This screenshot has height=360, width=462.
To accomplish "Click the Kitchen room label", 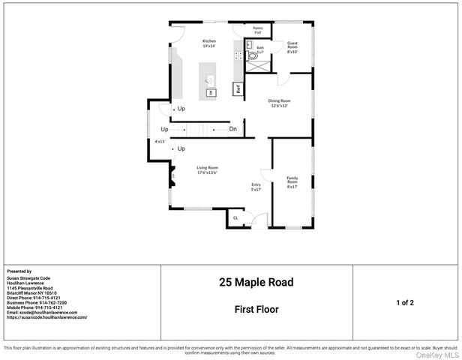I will pyautogui.click(x=209, y=43).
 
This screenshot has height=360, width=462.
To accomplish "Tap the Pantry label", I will pyautogui.click(x=257, y=30).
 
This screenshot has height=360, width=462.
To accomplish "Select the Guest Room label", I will pyautogui.click(x=292, y=47).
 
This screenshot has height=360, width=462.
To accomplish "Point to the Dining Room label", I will pyautogui.click(x=280, y=103).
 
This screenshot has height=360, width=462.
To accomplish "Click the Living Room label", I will pyautogui.click(x=207, y=170).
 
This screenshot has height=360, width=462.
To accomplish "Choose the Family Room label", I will pyautogui.click(x=292, y=181).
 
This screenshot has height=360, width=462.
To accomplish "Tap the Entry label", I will pyautogui.click(x=256, y=187).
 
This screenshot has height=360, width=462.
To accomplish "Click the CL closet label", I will pyautogui.click(x=236, y=217).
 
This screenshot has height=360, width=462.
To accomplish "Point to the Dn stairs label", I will pyautogui.click(x=233, y=129).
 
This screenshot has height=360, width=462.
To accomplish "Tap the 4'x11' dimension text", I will pyautogui.click(x=160, y=141).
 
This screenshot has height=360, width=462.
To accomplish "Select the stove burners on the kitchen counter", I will pyautogui.click(x=238, y=53).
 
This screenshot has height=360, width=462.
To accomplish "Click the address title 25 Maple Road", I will pyautogui.click(x=256, y=283).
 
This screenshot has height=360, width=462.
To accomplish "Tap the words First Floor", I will pyautogui.click(x=256, y=308).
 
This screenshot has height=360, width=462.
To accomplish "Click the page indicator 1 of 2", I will pyautogui.click(x=405, y=302).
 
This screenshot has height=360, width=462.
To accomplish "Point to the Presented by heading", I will pyautogui.click(x=19, y=271).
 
